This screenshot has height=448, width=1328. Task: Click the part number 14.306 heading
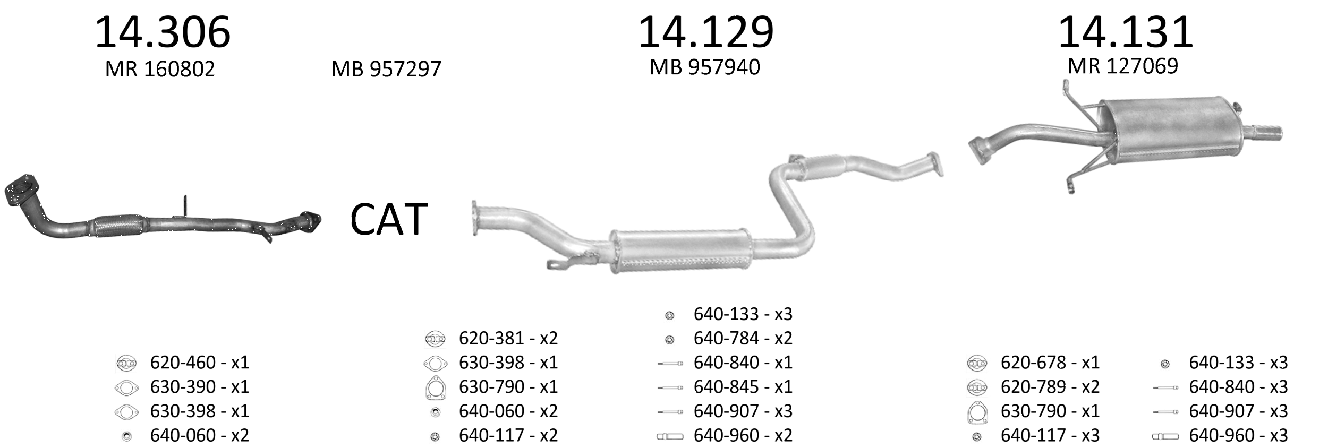pos(163,32)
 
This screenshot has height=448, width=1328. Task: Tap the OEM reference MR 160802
pos(160,69)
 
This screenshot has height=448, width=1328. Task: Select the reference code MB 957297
pos(386,69)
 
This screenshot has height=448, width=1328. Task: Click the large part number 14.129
pos(705,32)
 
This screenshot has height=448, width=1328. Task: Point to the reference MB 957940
pos(705,67)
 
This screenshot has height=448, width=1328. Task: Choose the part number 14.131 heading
pos(1126,32)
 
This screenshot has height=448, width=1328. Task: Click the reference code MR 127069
pos(1123,66)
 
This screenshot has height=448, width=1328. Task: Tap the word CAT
pos(389,219)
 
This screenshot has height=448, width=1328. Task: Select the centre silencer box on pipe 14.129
pos(680,251)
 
